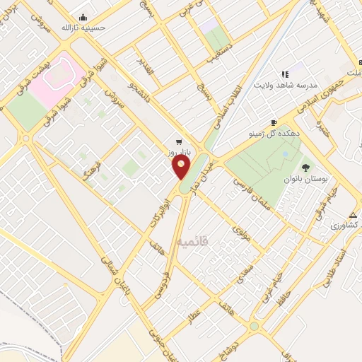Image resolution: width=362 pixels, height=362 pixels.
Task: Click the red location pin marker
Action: pyautogui.click(x=182, y=168)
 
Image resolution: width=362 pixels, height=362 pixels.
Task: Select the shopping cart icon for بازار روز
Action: pyautogui.click(x=178, y=140)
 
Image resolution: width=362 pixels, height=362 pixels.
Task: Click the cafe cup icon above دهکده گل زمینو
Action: pyautogui.click(x=274, y=122)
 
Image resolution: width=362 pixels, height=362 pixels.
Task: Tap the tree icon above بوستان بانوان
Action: pyautogui.click(x=305, y=168)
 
